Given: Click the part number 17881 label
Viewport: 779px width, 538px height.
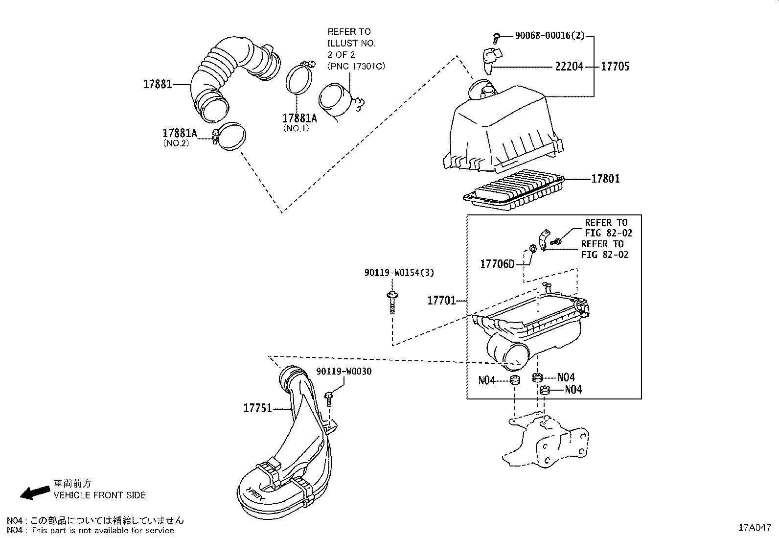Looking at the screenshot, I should click(x=157, y=84).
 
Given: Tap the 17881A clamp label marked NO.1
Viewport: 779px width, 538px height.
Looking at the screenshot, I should click(x=299, y=118).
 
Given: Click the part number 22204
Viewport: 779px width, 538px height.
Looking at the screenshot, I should click(x=569, y=67).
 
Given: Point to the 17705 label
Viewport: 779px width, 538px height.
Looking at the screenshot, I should click(x=615, y=67).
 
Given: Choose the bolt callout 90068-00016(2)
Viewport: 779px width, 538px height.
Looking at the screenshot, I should click(x=550, y=36).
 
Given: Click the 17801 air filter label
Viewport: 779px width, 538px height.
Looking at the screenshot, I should click(x=605, y=179).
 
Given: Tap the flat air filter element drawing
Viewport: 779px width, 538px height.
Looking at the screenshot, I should click(x=514, y=191).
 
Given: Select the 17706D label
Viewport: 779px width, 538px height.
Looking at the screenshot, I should click(x=497, y=264).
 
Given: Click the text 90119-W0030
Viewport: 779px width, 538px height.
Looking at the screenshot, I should click(x=344, y=372).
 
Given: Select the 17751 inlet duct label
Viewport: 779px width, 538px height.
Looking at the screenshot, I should click(x=257, y=408).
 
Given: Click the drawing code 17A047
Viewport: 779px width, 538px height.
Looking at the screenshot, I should click(x=754, y=528).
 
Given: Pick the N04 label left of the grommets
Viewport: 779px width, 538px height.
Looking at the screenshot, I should click(x=486, y=380).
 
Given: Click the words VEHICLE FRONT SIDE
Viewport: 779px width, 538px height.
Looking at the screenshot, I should click(x=99, y=495).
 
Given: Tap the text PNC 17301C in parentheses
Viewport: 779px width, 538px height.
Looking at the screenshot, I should click(x=356, y=66).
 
